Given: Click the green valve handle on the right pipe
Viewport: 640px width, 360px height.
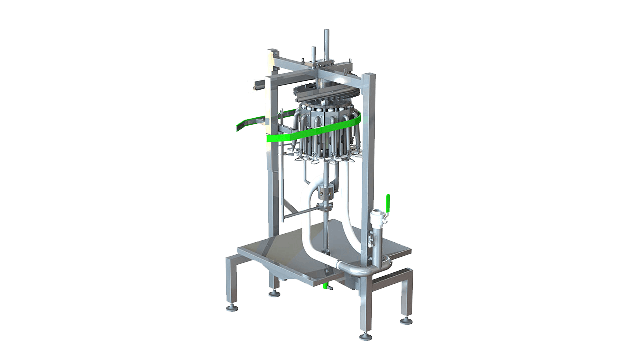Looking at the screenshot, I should coord(387,202).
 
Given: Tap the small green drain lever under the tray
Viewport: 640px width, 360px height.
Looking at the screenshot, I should coord(325,287).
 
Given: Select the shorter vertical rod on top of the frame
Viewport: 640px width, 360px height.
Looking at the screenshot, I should coord(314,53).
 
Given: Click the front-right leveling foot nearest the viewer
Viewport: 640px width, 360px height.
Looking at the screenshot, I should coord(365,336).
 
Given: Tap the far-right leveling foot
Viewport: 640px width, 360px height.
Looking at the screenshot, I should coord(406,320).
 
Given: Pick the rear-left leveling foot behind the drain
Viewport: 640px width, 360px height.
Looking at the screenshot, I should coord(274,293).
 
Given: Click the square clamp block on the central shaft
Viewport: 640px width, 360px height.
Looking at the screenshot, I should coord(326,192).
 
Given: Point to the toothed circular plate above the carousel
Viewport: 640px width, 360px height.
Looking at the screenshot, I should coord(320,92).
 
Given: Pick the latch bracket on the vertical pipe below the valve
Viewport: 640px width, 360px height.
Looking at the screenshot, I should coord(370,240).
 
